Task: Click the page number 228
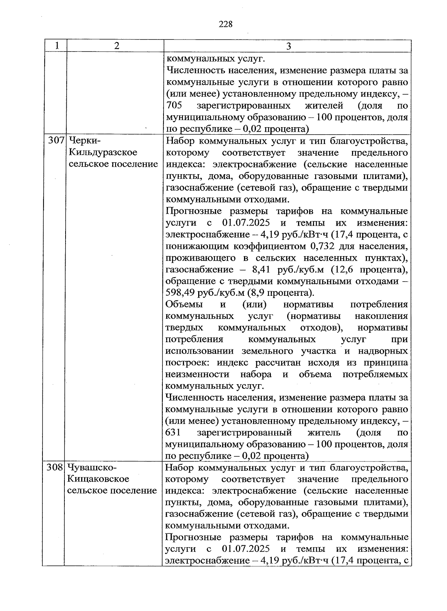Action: (225, 25)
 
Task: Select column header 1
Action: (57, 46)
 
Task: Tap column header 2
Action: (117, 46)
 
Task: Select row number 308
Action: (56, 467)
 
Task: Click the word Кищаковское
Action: (98, 479)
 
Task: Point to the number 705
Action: (174, 106)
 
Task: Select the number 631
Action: (173, 433)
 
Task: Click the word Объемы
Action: (184, 304)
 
